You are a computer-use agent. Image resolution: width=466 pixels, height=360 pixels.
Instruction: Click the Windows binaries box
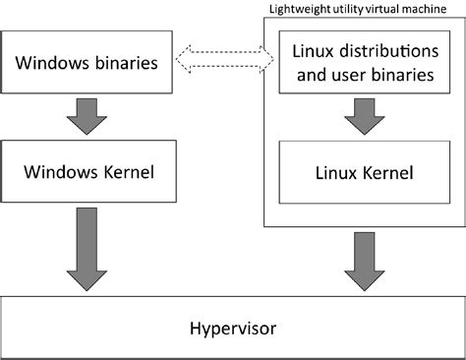(87, 65)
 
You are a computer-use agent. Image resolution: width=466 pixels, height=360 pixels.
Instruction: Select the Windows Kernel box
(87, 173)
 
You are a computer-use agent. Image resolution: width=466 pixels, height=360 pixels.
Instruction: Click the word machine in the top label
(431, 9)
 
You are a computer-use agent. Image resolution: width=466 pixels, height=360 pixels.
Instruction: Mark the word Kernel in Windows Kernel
(125, 173)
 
